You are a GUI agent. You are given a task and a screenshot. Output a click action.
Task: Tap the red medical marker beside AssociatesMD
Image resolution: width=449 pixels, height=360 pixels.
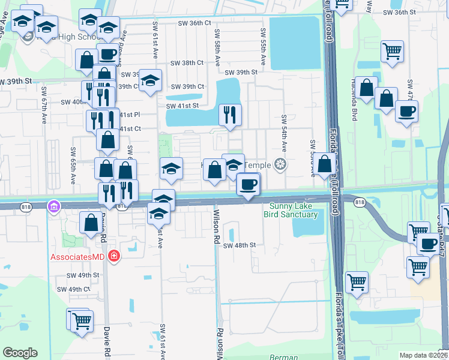[x=113, y=257]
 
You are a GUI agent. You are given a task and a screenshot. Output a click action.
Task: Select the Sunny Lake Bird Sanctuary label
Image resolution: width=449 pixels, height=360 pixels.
[x=291, y=210]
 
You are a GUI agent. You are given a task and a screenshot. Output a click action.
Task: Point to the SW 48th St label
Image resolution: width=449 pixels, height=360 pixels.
[x=240, y=245]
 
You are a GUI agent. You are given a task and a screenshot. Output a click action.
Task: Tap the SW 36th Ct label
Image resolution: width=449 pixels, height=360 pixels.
[x=195, y=23]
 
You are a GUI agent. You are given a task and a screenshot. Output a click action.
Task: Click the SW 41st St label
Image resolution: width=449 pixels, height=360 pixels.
[x=182, y=106]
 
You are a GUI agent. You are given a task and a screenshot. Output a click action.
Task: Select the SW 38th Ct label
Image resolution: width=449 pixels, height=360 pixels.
[x=187, y=63]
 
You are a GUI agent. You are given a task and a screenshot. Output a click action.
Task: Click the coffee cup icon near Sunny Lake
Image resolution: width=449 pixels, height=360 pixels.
[x=248, y=184]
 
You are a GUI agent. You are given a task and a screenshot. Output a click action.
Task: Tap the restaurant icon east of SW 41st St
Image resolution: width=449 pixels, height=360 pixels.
[x=230, y=114]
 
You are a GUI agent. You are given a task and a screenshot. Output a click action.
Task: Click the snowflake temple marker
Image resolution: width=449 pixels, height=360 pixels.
[x=279, y=163]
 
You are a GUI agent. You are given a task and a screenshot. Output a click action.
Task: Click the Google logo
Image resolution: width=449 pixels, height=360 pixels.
[x=20, y=353]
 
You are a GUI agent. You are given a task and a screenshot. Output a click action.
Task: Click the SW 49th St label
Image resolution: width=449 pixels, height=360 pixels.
[x=83, y=275]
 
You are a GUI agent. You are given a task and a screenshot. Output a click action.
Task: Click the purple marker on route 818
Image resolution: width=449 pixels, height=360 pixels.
[x=54, y=206]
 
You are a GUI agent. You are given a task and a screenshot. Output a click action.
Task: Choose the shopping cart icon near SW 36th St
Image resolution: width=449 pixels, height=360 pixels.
[x=392, y=51]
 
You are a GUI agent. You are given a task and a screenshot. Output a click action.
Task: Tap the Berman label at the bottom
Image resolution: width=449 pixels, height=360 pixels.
[x=284, y=357]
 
